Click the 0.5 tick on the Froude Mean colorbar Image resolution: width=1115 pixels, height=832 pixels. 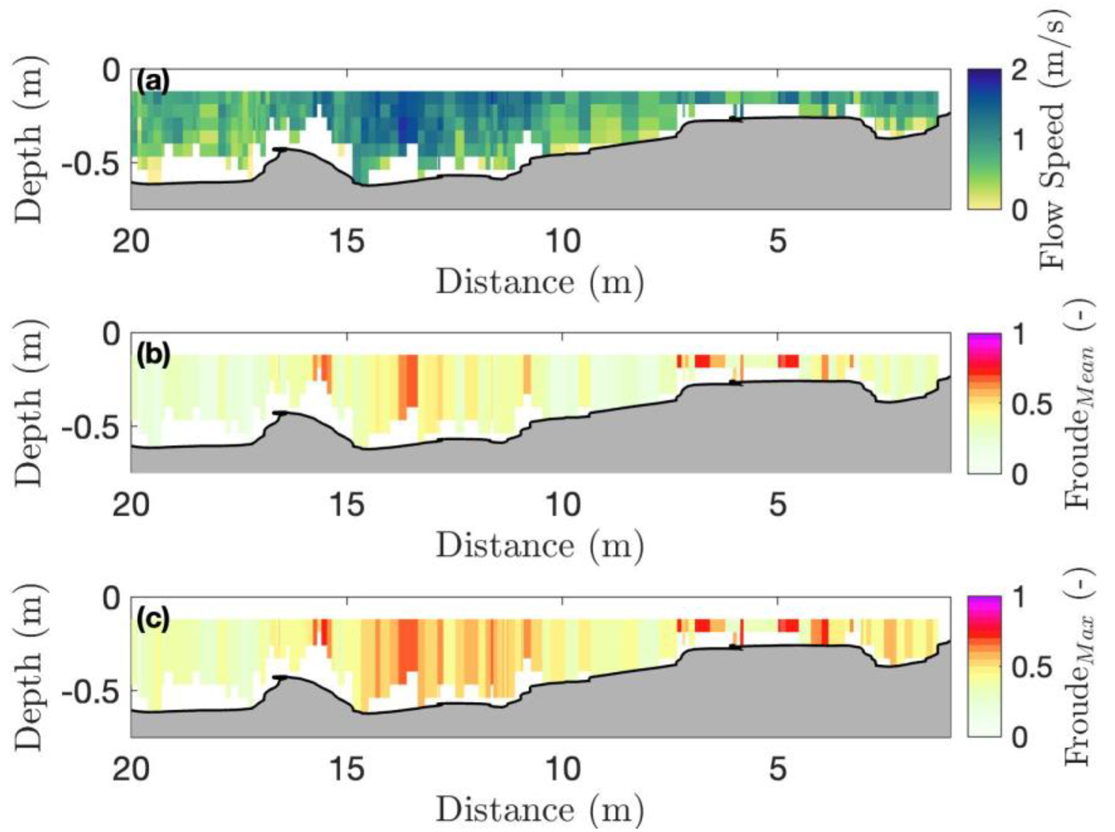1032,404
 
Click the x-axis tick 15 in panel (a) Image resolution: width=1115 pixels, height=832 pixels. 347,242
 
